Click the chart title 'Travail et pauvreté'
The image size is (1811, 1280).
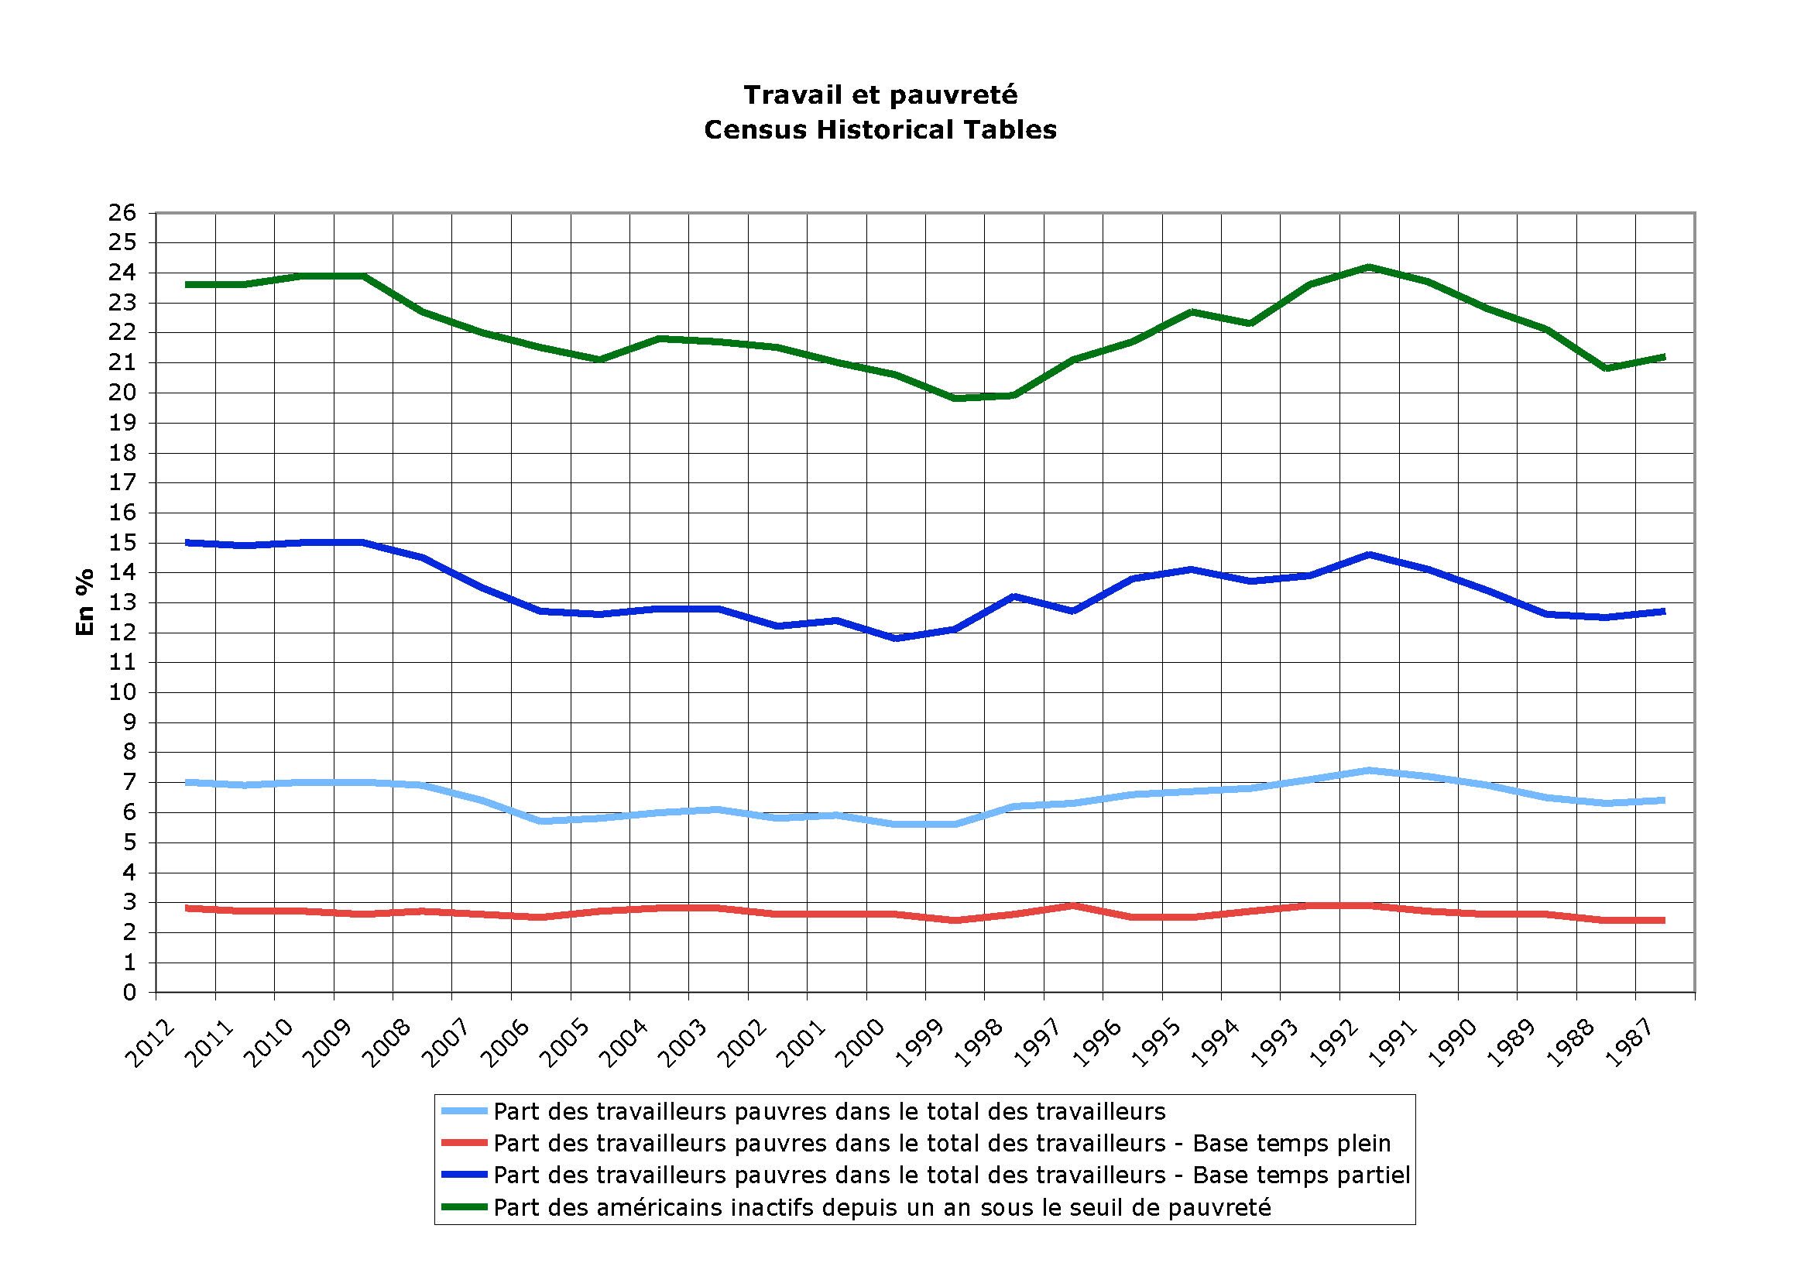pyautogui.click(x=880, y=95)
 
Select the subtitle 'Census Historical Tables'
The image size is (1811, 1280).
pyautogui.click(x=880, y=130)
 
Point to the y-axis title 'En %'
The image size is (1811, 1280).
pyautogui.click(x=84, y=602)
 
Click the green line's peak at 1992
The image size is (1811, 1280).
pyautogui.click(x=1370, y=267)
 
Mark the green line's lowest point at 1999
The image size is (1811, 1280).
pyautogui.click(x=955, y=398)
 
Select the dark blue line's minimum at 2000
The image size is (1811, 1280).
pyautogui.click(x=896, y=638)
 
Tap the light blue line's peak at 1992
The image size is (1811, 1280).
pyautogui.click(x=1370, y=770)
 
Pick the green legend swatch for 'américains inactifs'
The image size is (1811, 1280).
pyautogui.click(x=464, y=1207)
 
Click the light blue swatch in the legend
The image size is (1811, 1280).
pyautogui.click(x=464, y=1111)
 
